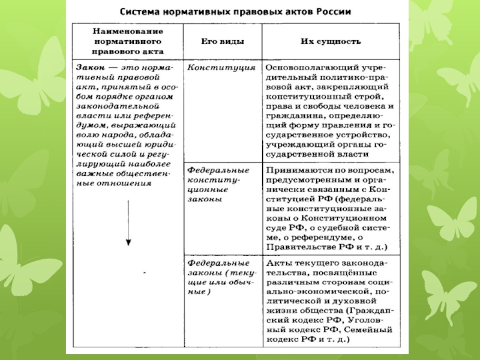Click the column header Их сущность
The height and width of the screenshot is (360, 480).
coord(331,41)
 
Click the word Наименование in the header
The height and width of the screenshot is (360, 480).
coord(128,31)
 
